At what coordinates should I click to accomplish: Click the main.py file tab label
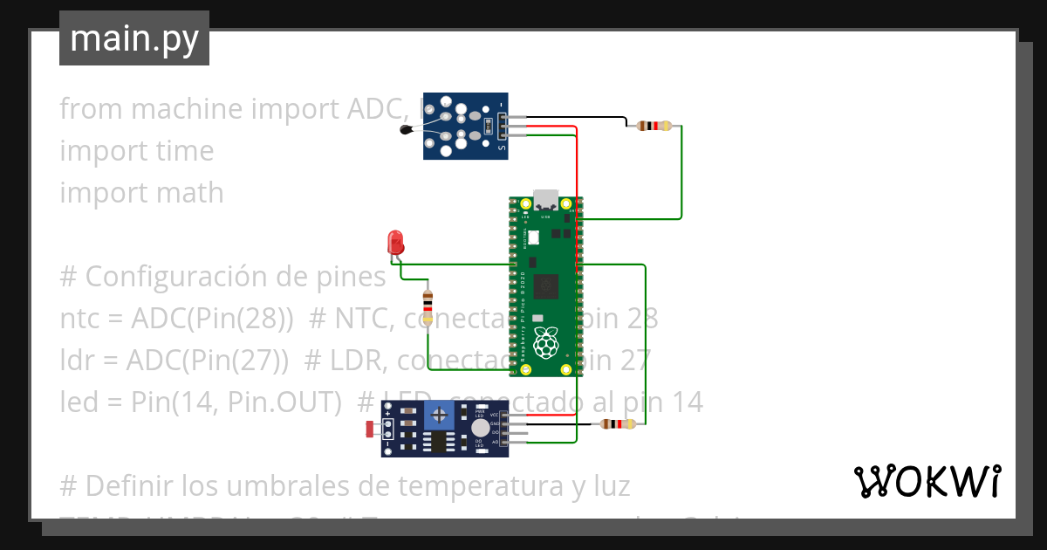coord(134,38)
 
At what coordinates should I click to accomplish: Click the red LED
coord(395,243)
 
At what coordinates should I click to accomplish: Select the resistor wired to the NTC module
coord(654,126)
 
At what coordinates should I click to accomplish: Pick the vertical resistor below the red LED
coord(427,305)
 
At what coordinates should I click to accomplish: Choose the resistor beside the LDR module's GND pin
coord(618,424)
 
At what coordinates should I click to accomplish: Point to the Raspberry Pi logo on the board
coord(547,343)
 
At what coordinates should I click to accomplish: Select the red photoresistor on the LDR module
coord(369,429)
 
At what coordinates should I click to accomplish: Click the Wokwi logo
coord(926,481)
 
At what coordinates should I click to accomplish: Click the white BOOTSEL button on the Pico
coord(533,237)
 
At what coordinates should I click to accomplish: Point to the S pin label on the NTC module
coord(502,149)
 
